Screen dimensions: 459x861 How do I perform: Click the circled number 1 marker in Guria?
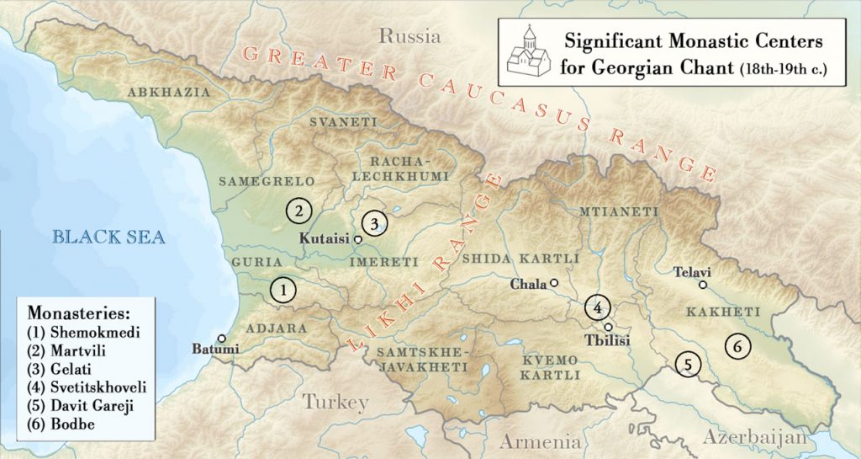pos(284,290)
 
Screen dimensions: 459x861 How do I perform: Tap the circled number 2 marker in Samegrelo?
pos(298,209)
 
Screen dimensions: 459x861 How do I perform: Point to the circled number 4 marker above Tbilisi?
pos(597,307)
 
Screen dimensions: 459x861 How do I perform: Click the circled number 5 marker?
pos(688,365)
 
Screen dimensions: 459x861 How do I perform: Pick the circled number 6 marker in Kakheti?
pos(737,345)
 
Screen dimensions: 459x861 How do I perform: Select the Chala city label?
pos(528,284)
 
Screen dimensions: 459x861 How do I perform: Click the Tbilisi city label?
pos(607,340)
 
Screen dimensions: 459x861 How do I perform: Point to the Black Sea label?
pos(106,237)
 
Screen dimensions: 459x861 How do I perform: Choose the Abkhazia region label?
pos(167,92)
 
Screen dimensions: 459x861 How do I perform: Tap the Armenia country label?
pos(541,441)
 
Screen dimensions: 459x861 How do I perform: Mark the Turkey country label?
pos(335,403)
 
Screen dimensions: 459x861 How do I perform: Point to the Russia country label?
pos(409,36)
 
